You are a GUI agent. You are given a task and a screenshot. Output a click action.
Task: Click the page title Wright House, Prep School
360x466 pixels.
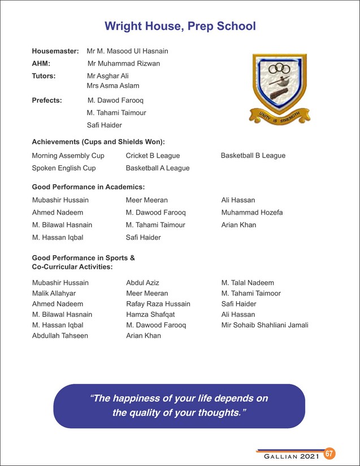tap(180, 26)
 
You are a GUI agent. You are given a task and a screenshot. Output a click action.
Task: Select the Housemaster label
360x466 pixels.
tap(55, 51)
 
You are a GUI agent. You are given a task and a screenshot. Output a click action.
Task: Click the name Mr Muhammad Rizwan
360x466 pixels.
tap(124, 63)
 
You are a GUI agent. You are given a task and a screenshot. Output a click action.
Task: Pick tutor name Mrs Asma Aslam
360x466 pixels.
tap(112, 86)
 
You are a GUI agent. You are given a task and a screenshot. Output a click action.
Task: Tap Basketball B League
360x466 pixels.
tap(253, 155)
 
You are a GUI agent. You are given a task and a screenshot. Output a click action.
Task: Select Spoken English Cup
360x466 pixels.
tap(64, 168)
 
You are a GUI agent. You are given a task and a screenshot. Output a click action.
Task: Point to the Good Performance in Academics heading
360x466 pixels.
tap(88, 186)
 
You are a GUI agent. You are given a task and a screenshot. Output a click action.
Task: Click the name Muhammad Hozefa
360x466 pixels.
tap(252, 212)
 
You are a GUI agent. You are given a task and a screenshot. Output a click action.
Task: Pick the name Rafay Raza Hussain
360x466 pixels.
tap(158, 304)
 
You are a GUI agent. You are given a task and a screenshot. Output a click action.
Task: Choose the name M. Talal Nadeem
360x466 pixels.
tap(248, 282)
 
